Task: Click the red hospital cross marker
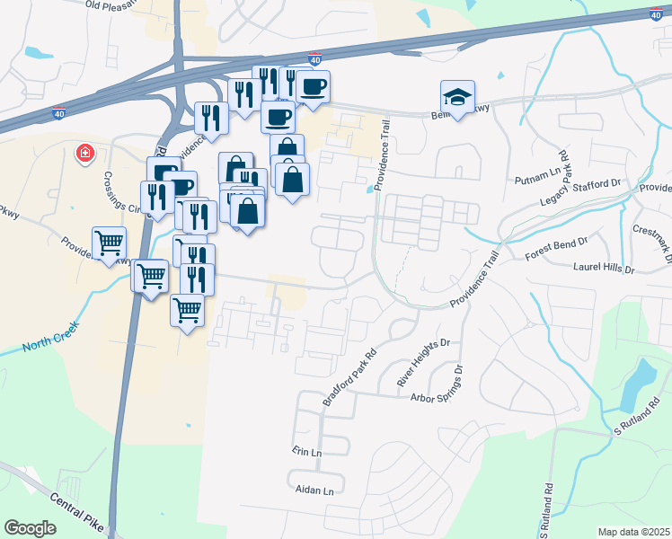(85, 154)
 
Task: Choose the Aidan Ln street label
(314, 490)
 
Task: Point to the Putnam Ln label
(532, 180)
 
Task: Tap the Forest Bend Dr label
(555, 240)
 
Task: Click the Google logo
(31, 527)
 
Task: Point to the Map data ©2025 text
(632, 532)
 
